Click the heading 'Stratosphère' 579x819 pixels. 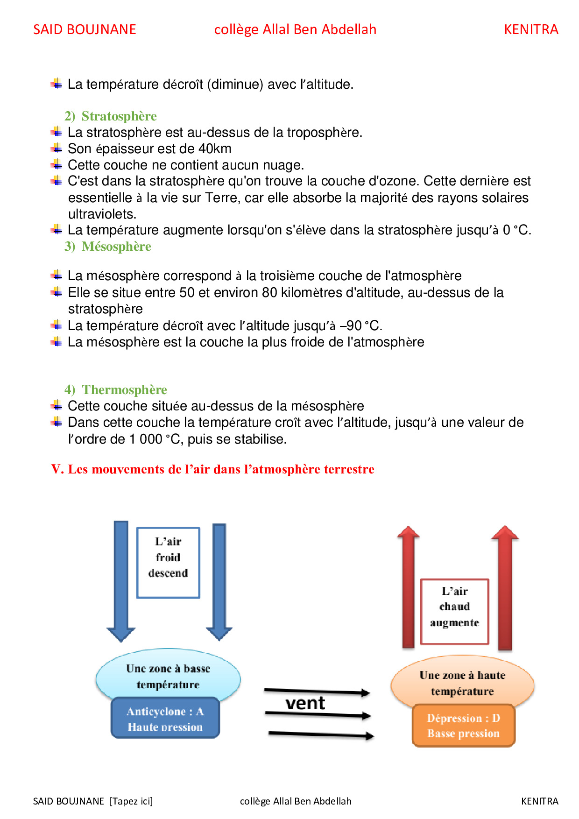(119, 116)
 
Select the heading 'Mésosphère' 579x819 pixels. (116, 247)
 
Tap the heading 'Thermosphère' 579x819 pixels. (124, 390)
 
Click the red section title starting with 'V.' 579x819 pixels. (213, 469)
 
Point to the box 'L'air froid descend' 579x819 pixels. (168, 562)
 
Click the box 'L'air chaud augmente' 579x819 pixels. (454, 612)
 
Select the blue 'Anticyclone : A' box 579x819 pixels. (165, 718)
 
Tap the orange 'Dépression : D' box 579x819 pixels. (463, 725)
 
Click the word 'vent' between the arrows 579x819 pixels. (305, 703)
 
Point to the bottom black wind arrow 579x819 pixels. (321, 735)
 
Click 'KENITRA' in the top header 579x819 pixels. (531, 29)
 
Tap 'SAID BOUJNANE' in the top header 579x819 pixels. (85, 29)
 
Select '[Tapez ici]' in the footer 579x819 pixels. (131, 801)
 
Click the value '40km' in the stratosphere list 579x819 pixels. (215, 149)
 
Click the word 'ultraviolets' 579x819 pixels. (102, 214)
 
